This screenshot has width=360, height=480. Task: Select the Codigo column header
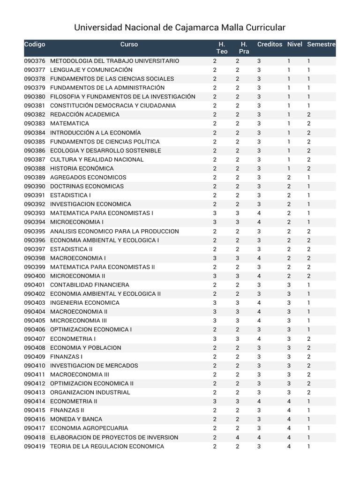[x=35, y=45]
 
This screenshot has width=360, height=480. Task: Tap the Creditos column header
[x=270, y=45]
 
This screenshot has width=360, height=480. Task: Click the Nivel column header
[x=294, y=45]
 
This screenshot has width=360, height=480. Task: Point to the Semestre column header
[x=321, y=45]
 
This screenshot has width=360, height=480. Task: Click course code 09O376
[x=35, y=61]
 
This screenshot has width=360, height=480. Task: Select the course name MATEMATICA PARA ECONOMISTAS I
[x=102, y=213]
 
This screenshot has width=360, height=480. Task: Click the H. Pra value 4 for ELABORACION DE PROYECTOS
[x=237, y=437]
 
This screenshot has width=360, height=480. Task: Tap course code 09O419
[x=35, y=446]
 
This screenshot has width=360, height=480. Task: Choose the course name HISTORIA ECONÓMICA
[x=82, y=168]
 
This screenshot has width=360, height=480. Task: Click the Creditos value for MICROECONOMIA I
[x=259, y=222]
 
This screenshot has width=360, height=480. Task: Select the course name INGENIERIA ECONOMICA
[x=85, y=303]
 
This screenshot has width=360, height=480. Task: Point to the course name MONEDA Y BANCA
[x=76, y=419]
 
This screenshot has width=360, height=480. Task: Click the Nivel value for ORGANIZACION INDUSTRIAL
[x=289, y=392]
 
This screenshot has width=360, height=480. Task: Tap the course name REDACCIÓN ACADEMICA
[x=85, y=114]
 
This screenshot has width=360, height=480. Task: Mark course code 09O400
[x=35, y=276]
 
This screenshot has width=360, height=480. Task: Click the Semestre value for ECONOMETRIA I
[x=308, y=338]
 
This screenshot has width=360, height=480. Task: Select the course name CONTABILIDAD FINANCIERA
[x=90, y=285]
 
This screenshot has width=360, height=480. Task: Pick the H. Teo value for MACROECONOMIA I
[x=215, y=258]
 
